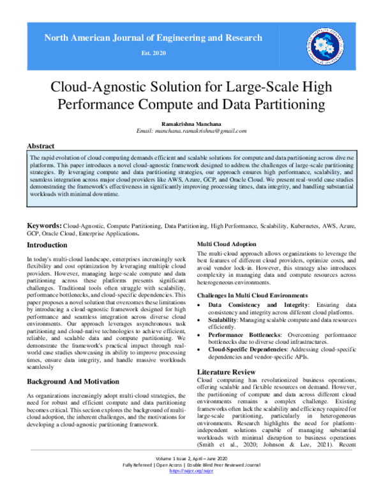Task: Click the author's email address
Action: [x=191, y=130]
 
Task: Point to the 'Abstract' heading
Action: [x=40, y=146]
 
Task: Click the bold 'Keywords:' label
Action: [x=43, y=226]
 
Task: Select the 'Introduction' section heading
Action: [x=47, y=244]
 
